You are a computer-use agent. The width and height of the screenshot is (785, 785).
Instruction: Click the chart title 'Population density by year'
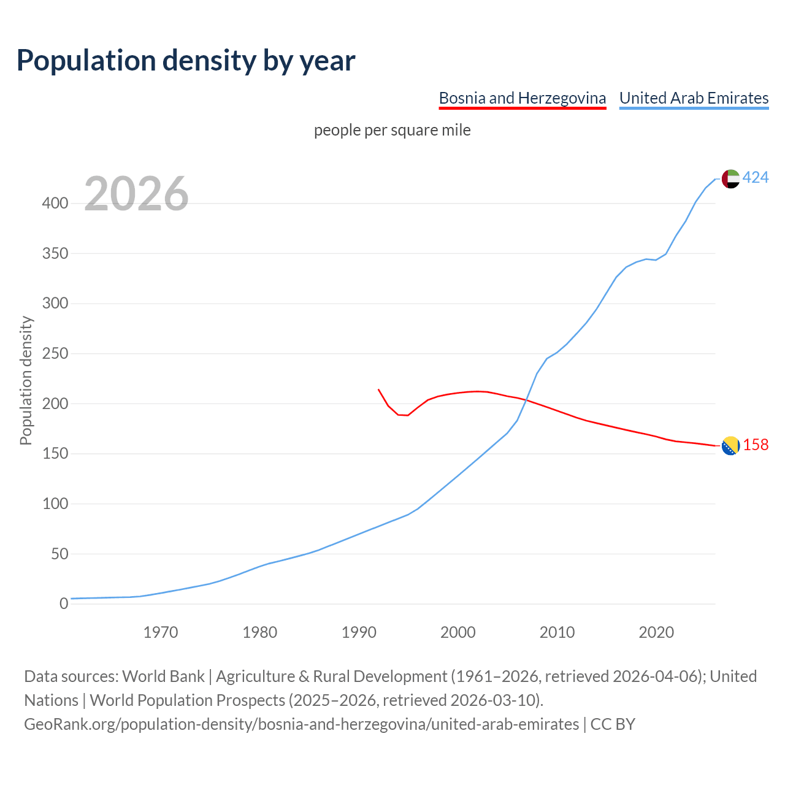coord(186,60)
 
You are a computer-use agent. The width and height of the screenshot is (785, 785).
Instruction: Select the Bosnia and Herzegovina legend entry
coord(523,98)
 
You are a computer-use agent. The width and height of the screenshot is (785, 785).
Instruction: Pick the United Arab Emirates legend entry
coord(694,98)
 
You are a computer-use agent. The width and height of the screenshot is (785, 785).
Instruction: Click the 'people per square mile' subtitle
coord(392,130)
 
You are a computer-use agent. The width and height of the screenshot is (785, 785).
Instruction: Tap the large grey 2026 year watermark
coord(136,194)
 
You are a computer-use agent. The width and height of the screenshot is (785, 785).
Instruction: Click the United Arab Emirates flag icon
coord(730,178)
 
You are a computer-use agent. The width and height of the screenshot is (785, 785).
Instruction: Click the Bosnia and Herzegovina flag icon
coord(730,446)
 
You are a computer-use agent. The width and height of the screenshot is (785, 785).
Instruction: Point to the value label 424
coord(756,178)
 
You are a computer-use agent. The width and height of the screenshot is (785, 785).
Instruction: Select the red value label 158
coord(756,445)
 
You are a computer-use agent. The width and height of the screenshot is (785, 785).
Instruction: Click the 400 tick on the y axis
coord(55,203)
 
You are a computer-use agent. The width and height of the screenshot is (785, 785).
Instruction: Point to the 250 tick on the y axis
coord(55,354)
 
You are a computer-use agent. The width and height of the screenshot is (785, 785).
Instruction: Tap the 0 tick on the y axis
coord(64,604)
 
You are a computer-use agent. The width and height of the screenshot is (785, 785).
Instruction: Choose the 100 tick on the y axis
coord(55,504)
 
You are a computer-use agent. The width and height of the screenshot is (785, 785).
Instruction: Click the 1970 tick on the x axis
coord(161,632)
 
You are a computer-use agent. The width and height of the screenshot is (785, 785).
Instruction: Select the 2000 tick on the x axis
coord(458,632)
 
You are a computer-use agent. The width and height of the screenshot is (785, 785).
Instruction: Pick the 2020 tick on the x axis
coord(656,632)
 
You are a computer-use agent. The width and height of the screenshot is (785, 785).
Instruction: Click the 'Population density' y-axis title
coord(26,380)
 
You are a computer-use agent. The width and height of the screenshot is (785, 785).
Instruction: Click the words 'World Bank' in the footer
coord(163,676)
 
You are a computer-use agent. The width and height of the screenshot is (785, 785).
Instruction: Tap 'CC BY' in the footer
coord(613,724)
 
